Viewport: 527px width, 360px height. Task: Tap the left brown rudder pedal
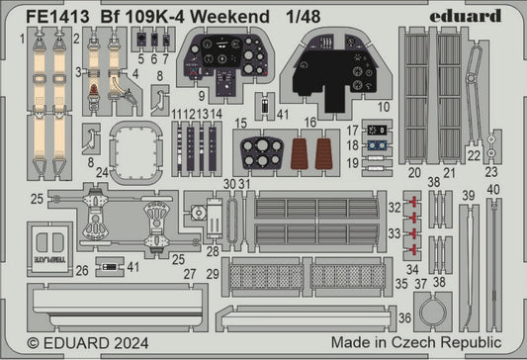pos(302,153)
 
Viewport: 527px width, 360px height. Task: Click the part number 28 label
pos(213,252)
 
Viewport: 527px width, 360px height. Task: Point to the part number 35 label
pos(400,282)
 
